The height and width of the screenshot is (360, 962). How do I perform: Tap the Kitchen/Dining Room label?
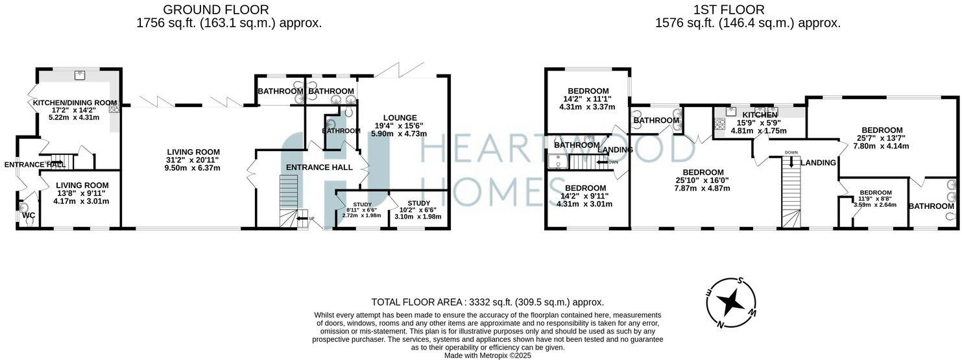[x=75, y=102]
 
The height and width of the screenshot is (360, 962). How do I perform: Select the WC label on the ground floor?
[x=29, y=215]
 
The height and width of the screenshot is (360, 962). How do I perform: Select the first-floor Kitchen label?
[x=759, y=115]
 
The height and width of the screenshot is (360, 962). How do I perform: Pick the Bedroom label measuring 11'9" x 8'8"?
[x=875, y=193]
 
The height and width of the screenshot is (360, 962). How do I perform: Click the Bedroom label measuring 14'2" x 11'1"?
[x=588, y=91]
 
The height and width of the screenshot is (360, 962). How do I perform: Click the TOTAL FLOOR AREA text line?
[x=487, y=302]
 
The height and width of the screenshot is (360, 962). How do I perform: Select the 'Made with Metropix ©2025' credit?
[x=487, y=355]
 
